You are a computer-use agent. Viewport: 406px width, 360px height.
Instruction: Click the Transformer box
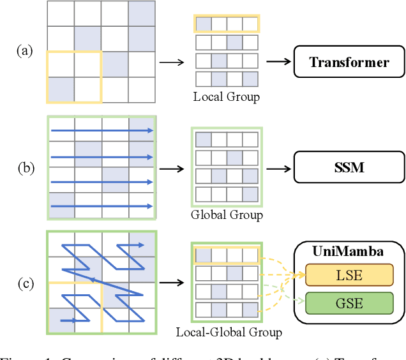pos(349,63)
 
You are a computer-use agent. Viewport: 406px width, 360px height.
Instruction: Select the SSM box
pos(349,169)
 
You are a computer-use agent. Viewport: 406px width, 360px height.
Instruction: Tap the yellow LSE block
pos(350,275)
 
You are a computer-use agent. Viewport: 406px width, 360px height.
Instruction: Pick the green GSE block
pos(350,302)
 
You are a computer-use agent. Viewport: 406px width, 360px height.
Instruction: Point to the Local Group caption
pos(227,97)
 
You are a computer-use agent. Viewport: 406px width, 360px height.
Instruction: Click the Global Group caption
pos(227,215)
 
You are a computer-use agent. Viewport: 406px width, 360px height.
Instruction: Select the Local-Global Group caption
pos(229,332)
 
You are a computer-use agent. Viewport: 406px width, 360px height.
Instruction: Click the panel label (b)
pos(27,169)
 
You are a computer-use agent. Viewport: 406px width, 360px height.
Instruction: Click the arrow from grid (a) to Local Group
pos(170,63)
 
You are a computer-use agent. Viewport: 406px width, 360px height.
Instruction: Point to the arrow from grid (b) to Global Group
pos(170,169)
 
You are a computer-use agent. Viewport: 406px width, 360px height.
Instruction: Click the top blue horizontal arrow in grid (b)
pos(102,131)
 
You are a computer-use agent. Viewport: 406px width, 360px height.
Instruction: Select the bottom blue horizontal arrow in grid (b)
pos(102,206)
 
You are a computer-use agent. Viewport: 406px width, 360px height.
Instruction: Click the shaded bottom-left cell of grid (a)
pos(61,89)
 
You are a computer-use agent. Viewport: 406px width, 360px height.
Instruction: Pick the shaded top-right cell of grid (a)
pos(142,13)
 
